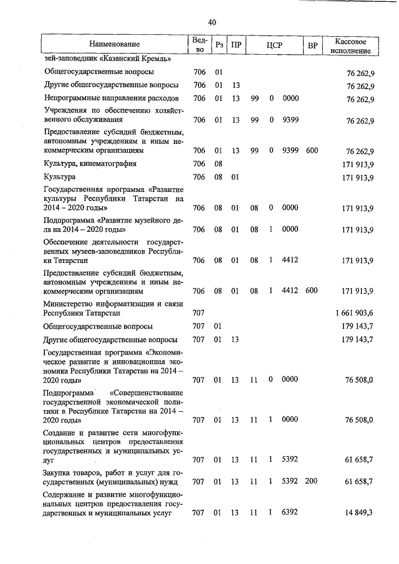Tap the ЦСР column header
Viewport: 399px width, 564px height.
coord(275,44)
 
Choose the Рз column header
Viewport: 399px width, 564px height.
coord(219,44)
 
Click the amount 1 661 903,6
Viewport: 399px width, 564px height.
coord(353,312)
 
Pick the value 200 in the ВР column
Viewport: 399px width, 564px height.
coord(312,481)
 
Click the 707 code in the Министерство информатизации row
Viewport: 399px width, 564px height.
coord(198,312)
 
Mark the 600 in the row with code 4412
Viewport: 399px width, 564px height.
coord(312,291)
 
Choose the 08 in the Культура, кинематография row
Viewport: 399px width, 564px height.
coord(218,164)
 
